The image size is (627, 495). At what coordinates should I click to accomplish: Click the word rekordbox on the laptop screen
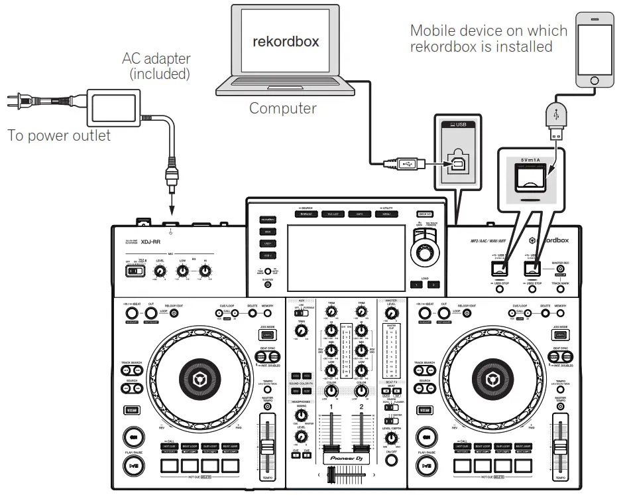[286, 42]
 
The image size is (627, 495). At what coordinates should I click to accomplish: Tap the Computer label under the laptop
[283, 107]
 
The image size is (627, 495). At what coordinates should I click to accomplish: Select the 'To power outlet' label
[59, 136]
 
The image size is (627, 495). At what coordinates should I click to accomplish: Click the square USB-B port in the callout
[457, 166]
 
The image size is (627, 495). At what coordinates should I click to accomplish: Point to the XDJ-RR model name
[153, 242]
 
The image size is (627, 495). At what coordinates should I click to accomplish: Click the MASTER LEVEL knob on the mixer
[391, 313]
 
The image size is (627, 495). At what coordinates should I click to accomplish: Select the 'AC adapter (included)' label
[155, 66]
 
